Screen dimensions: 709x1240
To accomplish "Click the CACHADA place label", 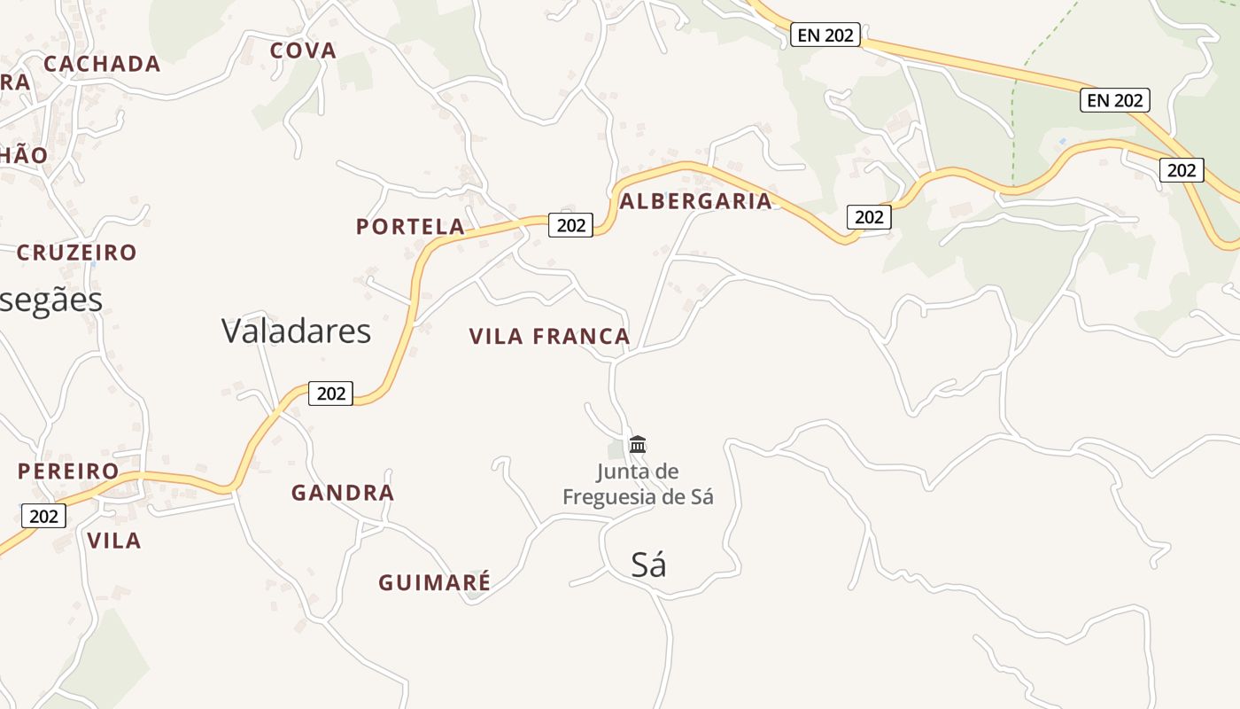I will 102,64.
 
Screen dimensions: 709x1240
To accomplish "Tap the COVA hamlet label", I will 303,51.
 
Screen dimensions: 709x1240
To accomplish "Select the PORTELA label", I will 410,227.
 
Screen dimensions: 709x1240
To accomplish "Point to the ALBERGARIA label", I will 696,201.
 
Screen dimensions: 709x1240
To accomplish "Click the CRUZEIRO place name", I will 77,253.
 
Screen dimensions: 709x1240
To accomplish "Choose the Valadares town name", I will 296,331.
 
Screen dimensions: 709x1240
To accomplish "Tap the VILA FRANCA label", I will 549,337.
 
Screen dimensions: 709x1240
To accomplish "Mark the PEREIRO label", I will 68,471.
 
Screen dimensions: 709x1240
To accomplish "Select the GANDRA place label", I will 343,493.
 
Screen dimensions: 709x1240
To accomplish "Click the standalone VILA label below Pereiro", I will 114,541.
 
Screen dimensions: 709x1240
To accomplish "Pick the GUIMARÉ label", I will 434,583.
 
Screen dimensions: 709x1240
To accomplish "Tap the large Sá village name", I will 648,565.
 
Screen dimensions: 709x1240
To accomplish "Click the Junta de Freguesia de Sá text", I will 638,484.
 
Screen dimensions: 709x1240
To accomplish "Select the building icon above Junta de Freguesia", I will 638,444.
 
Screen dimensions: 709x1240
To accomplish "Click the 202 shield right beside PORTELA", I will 570,225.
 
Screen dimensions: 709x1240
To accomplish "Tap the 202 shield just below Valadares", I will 330,393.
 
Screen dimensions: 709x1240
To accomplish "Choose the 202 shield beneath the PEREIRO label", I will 43,516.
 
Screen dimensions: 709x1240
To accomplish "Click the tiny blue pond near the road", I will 1063,141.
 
